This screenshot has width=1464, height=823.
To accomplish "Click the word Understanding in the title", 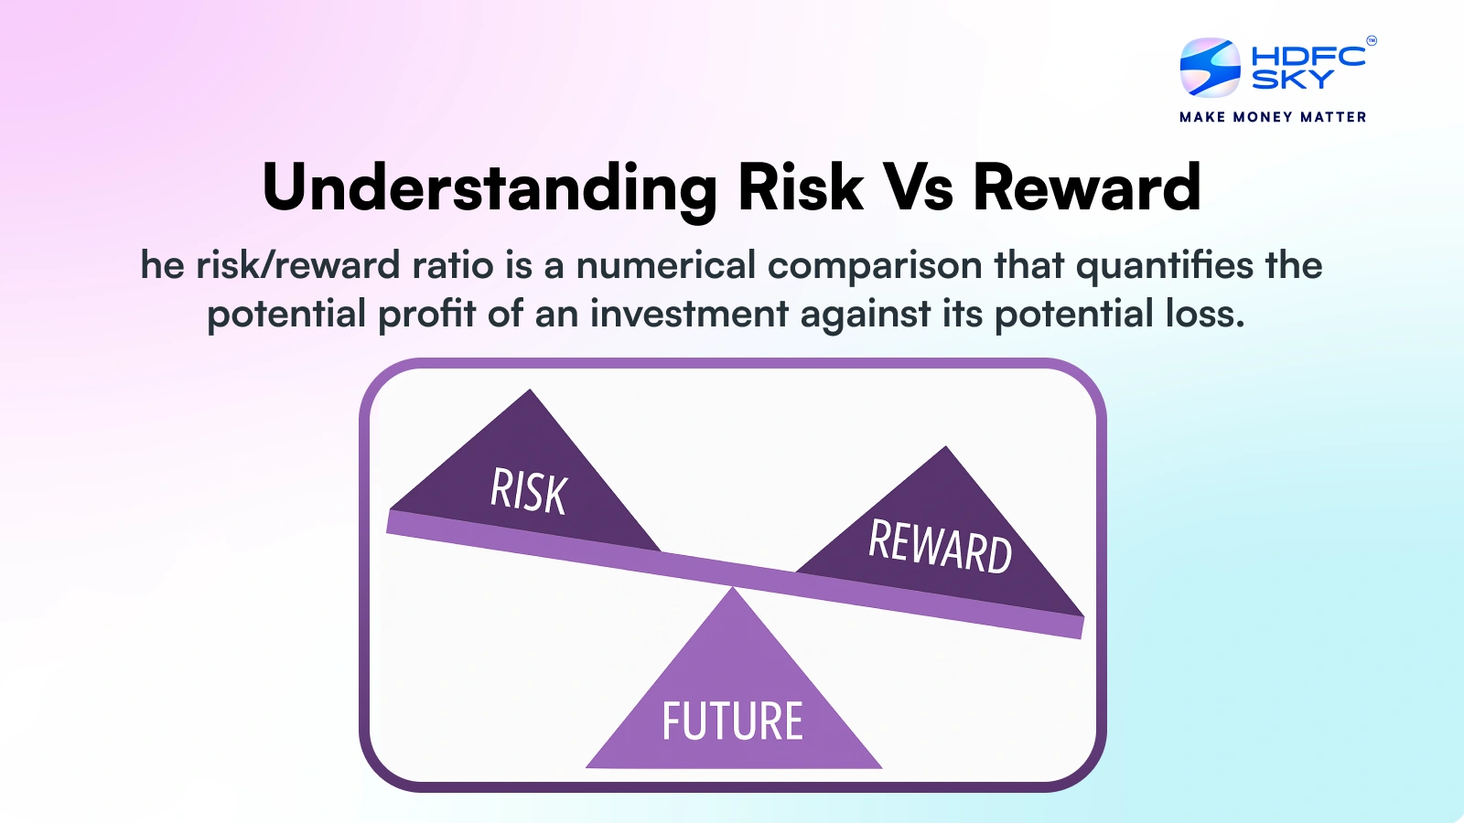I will (490, 188).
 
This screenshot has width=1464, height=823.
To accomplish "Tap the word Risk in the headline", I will (801, 188).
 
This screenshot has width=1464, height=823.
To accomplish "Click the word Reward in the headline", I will (1086, 188).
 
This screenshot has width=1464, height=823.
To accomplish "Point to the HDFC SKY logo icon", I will (1210, 68).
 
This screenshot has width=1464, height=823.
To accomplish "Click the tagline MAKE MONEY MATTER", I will (1273, 117).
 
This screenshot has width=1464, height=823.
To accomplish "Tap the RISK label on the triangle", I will (529, 491).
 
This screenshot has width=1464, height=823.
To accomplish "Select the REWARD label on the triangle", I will (940, 547).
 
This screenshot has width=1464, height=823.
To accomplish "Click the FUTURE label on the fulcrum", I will (732, 721).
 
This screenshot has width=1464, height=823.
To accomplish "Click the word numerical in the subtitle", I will (666, 266).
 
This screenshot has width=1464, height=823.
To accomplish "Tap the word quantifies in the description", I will (1165, 266).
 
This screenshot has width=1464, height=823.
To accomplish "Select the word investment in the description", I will (689, 314).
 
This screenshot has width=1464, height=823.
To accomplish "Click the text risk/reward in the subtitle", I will (298, 266).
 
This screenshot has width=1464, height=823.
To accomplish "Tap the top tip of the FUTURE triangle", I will (733, 591).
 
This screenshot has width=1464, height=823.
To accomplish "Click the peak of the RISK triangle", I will (530, 392).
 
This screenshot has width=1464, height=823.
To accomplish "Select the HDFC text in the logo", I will (1308, 57).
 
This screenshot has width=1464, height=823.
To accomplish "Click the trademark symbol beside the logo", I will (1371, 40).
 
